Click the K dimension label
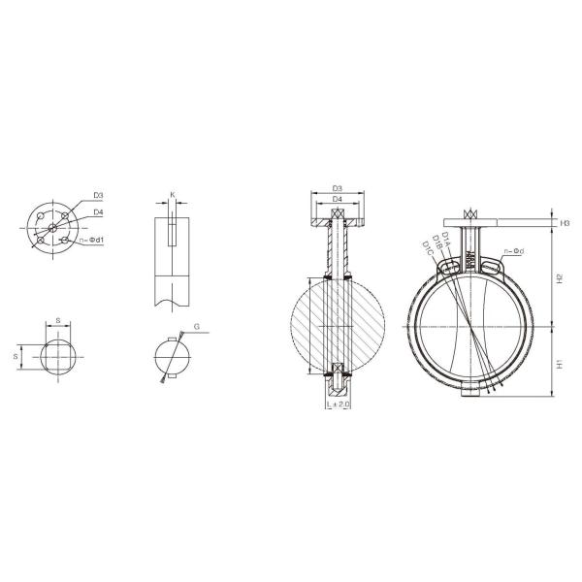(x=173, y=195)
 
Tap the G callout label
(x=196, y=327)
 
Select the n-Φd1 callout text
(x=92, y=240)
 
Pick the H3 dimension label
(x=564, y=224)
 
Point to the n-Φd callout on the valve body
(x=515, y=252)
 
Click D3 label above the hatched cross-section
(x=337, y=188)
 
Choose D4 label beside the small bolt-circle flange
(x=99, y=211)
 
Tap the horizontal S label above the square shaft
(x=57, y=318)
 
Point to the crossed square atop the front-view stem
(x=472, y=215)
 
